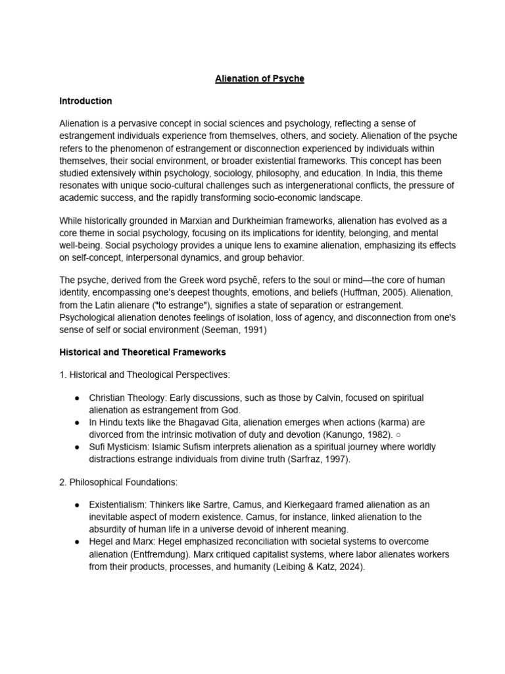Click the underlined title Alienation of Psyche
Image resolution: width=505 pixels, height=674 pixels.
coord(260,79)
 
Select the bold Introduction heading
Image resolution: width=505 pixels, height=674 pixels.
coord(85,101)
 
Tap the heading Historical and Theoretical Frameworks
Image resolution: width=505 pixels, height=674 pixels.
coord(143,352)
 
